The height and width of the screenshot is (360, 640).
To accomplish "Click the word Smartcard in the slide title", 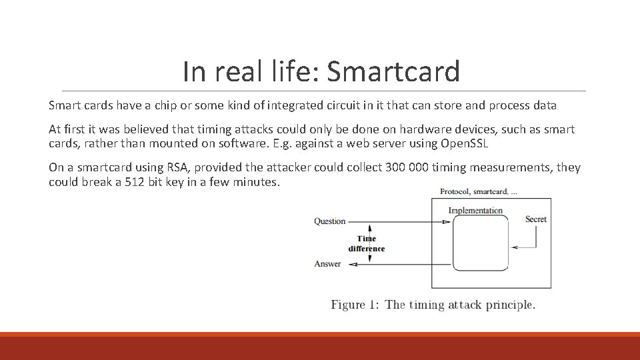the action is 393,71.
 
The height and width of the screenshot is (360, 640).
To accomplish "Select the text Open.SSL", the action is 465,143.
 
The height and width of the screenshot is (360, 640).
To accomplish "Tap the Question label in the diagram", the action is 330,221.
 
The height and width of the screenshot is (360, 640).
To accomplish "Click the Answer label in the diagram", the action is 327,264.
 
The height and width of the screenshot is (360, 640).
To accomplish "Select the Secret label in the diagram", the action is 536,219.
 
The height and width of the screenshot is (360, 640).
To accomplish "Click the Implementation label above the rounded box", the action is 475,211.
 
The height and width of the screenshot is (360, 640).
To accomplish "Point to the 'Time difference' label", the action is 367,243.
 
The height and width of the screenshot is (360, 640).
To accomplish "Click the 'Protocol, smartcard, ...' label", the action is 479,191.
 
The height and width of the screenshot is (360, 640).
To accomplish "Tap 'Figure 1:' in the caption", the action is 355,305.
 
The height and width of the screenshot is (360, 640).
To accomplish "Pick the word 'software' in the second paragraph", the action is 243,143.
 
